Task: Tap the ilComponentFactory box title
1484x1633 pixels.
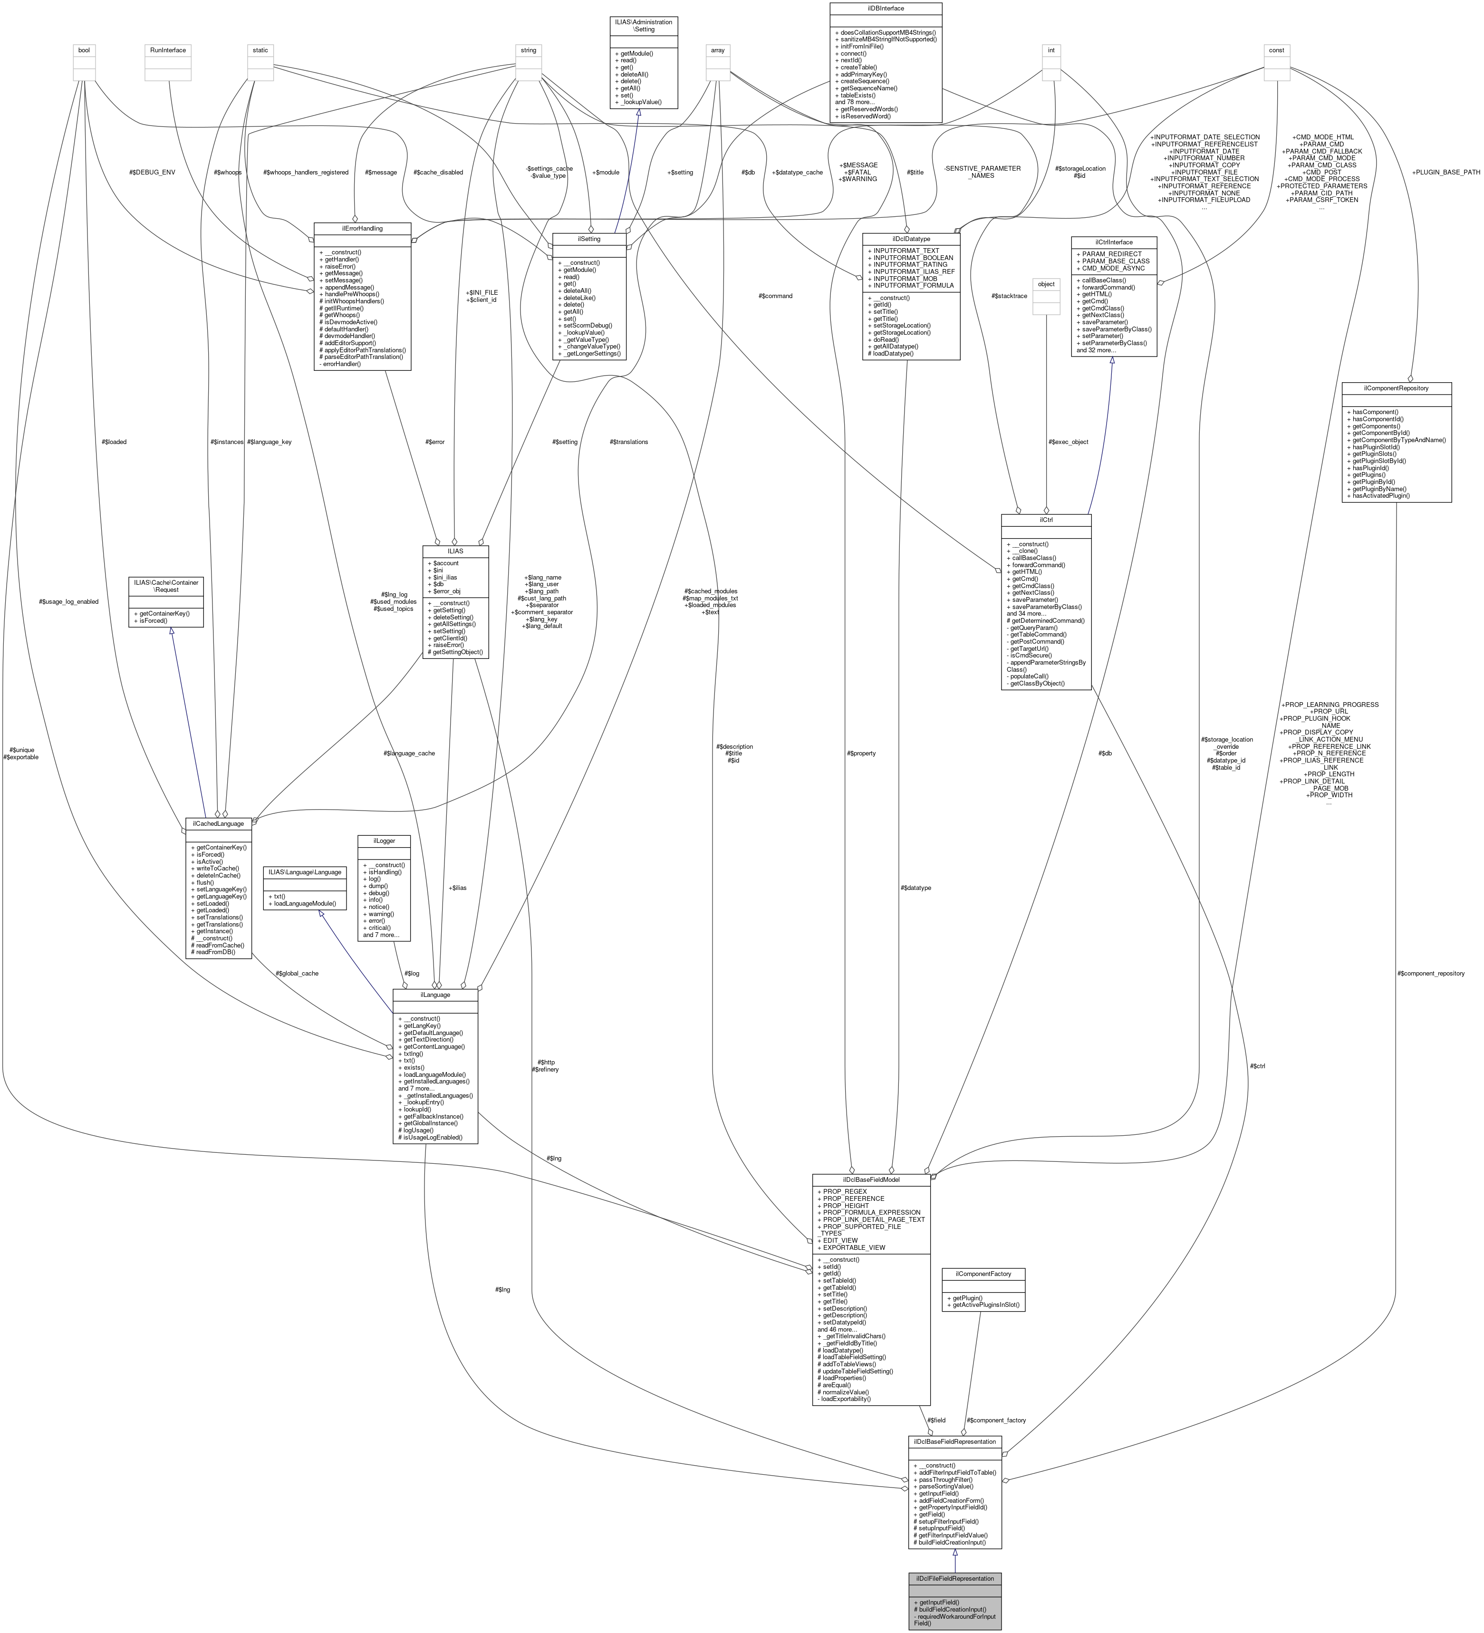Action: click(983, 1273)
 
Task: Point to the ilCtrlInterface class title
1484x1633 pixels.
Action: click(1114, 242)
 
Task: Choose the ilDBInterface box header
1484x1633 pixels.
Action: click(886, 8)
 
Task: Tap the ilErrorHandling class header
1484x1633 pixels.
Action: click(362, 228)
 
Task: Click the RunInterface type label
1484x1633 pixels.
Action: click(168, 50)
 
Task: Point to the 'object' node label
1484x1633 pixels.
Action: click(1046, 284)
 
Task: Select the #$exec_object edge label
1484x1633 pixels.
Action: click(1068, 442)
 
